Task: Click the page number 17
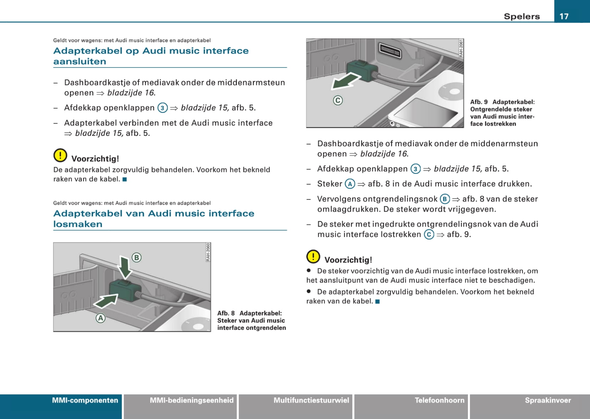(x=564, y=16)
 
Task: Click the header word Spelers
(x=522, y=16)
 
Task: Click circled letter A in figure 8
(x=100, y=318)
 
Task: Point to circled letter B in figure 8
(x=136, y=257)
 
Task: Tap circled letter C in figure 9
(x=338, y=100)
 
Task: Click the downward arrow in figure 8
(x=125, y=267)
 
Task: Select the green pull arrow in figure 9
(x=345, y=81)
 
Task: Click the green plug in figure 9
(x=362, y=70)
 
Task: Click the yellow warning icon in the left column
(x=60, y=155)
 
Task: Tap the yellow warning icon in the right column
(x=313, y=256)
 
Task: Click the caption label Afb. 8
(x=226, y=313)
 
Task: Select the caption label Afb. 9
(x=479, y=102)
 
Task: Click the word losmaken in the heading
(x=78, y=224)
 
